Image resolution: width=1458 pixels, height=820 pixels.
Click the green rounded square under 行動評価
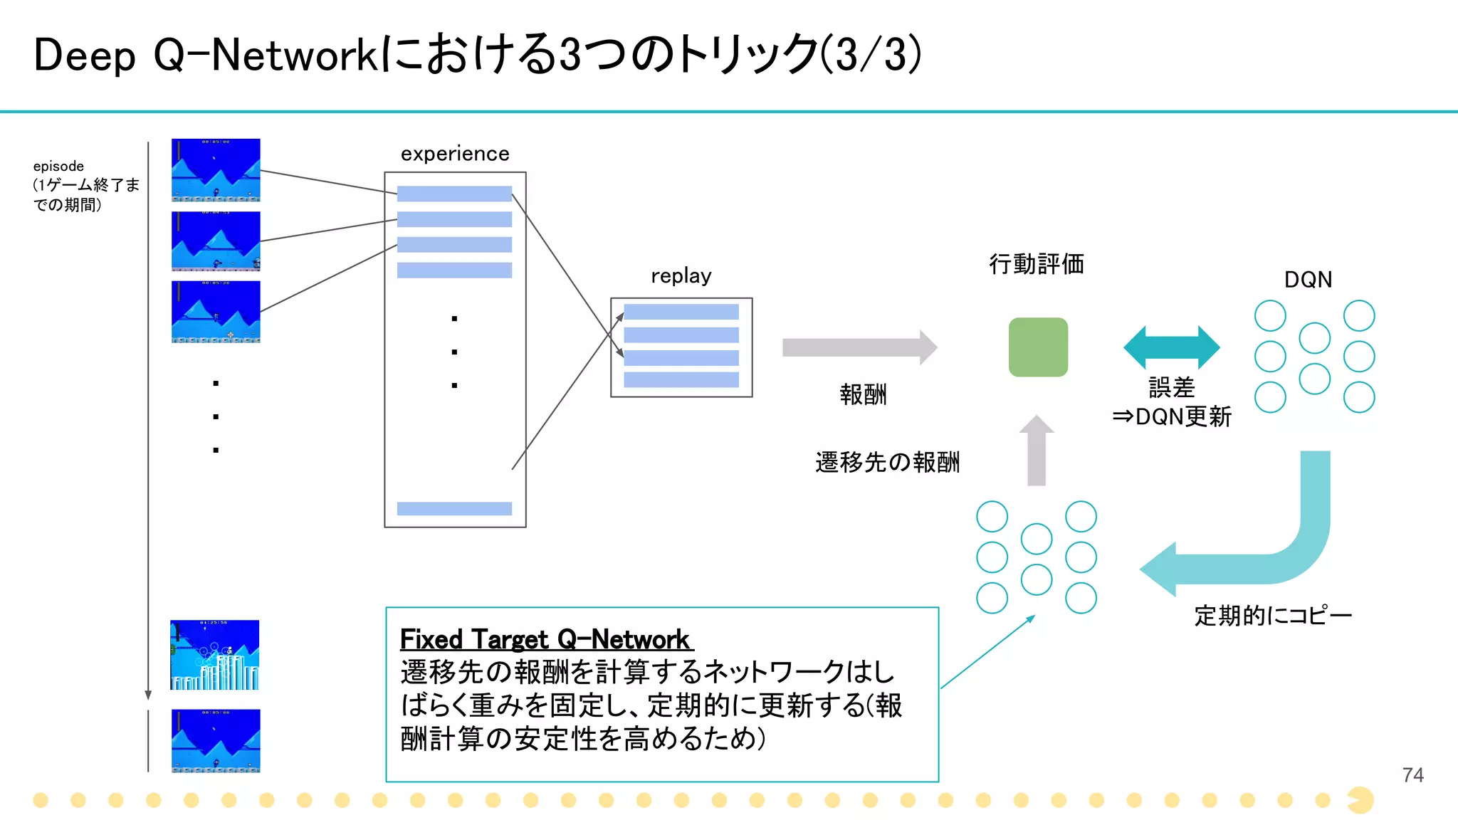(x=1038, y=347)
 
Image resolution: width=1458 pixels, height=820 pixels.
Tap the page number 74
(x=1412, y=774)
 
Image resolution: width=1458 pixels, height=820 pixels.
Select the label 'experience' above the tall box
(x=455, y=154)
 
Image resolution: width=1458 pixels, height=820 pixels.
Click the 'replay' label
(x=681, y=275)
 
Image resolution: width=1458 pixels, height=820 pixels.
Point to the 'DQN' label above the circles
(x=1308, y=280)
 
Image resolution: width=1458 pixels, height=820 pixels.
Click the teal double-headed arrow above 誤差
(x=1171, y=347)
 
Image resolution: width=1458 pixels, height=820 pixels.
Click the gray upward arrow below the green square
(x=1037, y=450)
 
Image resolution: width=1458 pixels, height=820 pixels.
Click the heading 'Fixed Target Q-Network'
(x=545, y=639)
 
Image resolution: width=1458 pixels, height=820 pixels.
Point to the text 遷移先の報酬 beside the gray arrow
(x=887, y=463)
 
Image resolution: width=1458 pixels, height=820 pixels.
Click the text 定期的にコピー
(x=1272, y=615)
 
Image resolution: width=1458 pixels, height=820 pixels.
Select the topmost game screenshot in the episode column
(x=216, y=170)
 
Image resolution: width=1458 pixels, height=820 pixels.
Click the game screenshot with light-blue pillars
(x=214, y=655)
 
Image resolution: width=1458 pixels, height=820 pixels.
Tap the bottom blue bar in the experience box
(x=454, y=508)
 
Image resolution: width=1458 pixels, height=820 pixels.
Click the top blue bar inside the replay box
(x=681, y=312)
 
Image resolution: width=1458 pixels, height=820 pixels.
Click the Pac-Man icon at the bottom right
(x=1360, y=800)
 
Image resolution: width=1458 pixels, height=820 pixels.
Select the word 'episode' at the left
(x=58, y=166)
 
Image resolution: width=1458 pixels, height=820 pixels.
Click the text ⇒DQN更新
(x=1171, y=416)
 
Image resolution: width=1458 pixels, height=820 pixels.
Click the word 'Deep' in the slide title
(x=84, y=56)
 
